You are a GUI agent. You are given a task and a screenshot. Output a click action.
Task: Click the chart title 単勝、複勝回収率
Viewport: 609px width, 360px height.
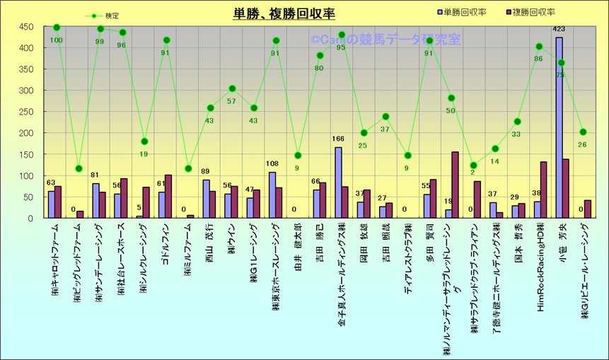284,14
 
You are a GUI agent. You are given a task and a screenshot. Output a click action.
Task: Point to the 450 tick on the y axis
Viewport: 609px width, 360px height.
26,27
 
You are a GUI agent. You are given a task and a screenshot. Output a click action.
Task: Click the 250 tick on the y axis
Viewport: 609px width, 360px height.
26,112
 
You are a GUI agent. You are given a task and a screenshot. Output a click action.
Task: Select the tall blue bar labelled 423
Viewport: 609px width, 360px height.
559,128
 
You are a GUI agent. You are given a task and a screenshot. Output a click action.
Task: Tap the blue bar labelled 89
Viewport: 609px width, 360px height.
207,199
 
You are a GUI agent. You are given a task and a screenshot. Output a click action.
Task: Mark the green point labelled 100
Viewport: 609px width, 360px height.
57,28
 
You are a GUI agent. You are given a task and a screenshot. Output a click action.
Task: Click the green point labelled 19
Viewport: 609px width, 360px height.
144,141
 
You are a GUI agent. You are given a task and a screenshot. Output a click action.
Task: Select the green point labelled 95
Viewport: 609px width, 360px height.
342,35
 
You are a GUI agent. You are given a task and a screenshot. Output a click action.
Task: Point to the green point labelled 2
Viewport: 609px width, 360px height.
473,166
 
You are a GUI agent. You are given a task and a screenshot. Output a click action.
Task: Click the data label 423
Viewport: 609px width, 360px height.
559,29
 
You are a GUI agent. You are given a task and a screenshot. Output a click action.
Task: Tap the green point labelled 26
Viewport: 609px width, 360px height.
583,132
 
